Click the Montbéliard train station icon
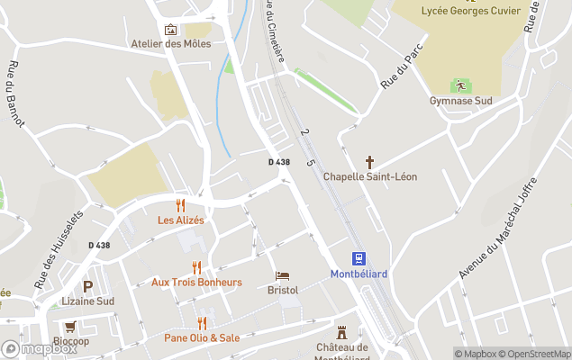tap(359, 258)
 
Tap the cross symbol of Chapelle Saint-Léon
tap(369, 162)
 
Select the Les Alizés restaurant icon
tap(180, 205)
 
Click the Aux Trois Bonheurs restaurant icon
tap(196, 267)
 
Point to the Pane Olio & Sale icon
tap(202, 323)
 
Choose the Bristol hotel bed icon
tap(283, 275)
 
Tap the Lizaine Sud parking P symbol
tap(87, 287)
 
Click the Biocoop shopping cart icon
tap(70, 327)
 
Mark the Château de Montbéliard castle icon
tap(341, 332)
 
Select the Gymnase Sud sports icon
tap(460, 86)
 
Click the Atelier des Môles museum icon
tap(170, 30)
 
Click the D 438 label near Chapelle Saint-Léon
tap(279, 162)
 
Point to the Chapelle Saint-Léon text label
tap(369, 176)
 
